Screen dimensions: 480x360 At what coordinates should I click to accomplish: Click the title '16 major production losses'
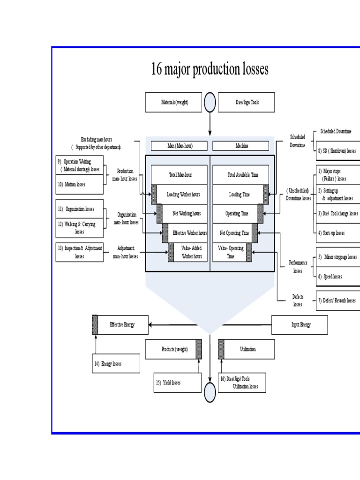pos(210,69)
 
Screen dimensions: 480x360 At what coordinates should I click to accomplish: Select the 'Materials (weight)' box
pos(173,102)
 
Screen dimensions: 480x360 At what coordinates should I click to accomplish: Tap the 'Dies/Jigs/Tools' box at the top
pos(247,102)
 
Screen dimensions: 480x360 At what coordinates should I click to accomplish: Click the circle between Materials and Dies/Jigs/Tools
pos(210,102)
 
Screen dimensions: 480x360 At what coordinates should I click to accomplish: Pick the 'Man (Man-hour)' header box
pos(180,146)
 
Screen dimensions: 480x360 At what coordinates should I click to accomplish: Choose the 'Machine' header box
pos(242,146)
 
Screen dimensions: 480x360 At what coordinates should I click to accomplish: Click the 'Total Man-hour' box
pos(180,175)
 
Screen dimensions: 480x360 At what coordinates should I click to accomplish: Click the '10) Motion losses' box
pos(79,185)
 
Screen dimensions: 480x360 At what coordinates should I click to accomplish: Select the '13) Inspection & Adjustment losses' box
pos(79,252)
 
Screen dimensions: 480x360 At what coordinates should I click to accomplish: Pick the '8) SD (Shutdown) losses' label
pos(337,151)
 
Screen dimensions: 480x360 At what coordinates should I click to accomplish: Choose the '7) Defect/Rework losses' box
pos(337,300)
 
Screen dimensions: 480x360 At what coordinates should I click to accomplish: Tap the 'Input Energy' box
pos(300,325)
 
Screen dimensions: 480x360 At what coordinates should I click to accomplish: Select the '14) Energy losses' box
pos(116,363)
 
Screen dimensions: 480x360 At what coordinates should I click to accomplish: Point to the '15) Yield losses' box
pos(178,382)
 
